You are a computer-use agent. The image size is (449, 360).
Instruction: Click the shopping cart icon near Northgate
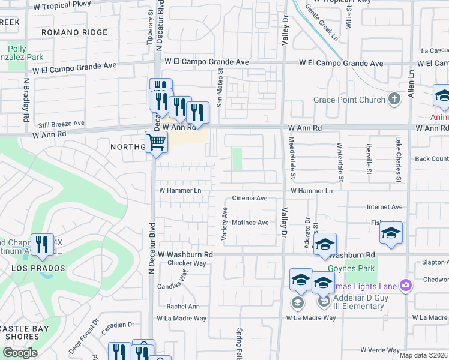pyautogui.click(x=156, y=143)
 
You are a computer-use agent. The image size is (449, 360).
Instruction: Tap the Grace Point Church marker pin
pyautogui.click(x=394, y=99)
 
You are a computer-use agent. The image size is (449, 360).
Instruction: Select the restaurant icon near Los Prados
pyautogui.click(x=42, y=244)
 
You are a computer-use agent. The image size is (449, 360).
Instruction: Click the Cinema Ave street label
pyautogui.click(x=250, y=198)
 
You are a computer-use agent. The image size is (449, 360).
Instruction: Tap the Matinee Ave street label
pyautogui.click(x=250, y=223)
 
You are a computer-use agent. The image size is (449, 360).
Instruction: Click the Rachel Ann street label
pyautogui.click(x=183, y=306)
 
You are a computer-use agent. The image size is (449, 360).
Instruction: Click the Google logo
pyautogui.click(x=20, y=353)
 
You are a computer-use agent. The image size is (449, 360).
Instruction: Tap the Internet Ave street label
pyautogui.click(x=384, y=207)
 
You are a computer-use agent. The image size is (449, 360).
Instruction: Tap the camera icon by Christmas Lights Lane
pyautogui.click(x=406, y=284)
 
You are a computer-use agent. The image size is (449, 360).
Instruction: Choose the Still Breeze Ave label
pyautogui.click(x=61, y=124)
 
